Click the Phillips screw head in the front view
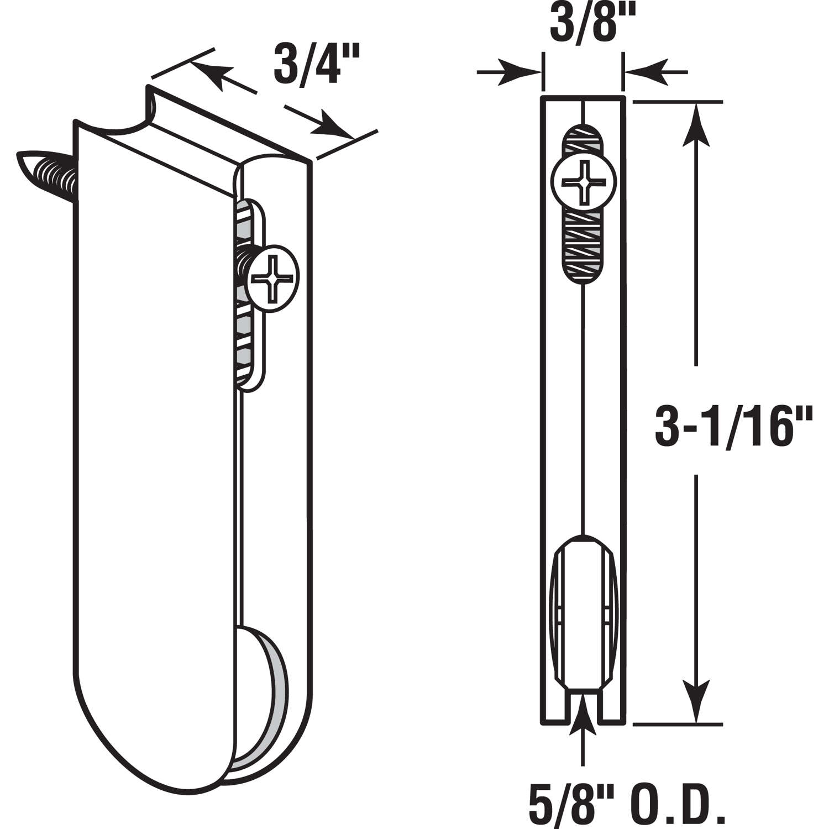(x=583, y=182)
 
